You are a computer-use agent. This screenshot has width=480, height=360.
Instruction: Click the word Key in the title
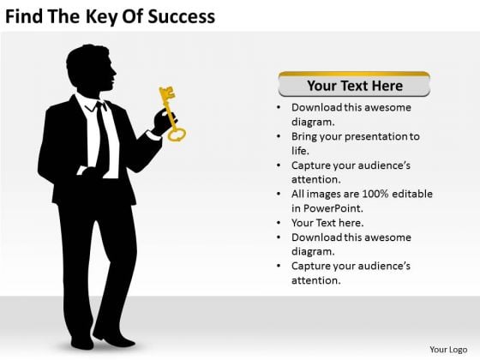click(102, 17)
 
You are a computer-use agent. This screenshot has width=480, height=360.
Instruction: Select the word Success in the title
click(182, 16)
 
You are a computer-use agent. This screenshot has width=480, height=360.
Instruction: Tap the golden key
click(171, 114)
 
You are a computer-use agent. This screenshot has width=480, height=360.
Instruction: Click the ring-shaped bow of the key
click(177, 135)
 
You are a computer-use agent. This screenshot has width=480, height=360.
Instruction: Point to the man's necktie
click(102, 138)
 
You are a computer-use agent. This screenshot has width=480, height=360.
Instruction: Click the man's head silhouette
click(91, 68)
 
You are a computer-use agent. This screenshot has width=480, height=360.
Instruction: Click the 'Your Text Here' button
click(354, 84)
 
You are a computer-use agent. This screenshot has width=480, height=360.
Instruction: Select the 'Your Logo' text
click(448, 350)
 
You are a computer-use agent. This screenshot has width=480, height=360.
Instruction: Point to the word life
click(300, 151)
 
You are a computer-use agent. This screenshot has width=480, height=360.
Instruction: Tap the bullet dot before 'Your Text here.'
click(279, 223)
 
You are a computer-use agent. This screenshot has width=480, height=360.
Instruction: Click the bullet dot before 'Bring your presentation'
click(279, 136)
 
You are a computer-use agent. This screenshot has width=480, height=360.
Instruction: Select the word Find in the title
click(24, 16)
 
